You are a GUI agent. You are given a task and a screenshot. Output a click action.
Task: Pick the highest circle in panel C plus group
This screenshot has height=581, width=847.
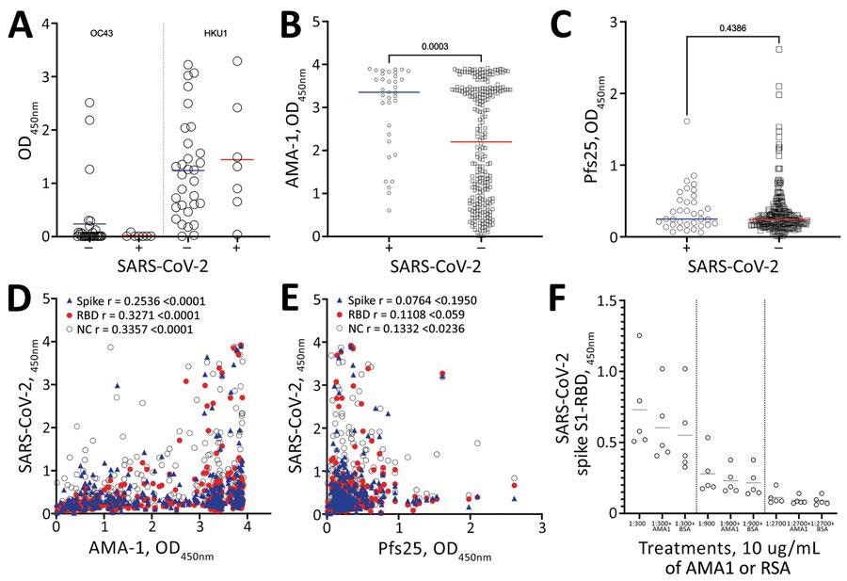pyautogui.click(x=688, y=121)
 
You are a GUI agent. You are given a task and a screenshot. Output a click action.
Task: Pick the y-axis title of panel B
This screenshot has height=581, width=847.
pyautogui.click(x=303, y=124)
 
